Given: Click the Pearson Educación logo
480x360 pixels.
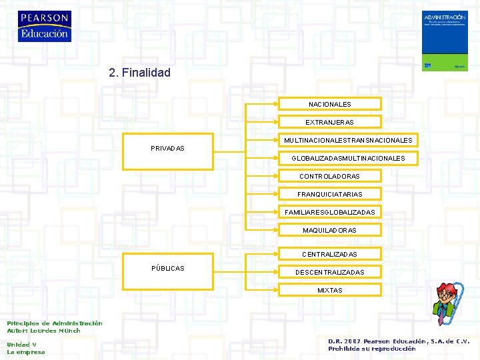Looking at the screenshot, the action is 44,27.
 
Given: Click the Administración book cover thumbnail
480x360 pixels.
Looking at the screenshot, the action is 445,40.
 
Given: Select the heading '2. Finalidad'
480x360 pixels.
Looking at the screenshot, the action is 139,72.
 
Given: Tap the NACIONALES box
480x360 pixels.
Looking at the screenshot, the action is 329,104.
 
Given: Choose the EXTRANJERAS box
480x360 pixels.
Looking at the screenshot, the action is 329,122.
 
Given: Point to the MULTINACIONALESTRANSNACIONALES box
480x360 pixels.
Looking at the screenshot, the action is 347,140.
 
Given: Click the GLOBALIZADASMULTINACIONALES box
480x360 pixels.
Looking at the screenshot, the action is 347,158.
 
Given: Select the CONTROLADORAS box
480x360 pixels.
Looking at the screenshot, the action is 329,176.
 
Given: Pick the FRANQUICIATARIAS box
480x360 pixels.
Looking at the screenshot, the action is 329,194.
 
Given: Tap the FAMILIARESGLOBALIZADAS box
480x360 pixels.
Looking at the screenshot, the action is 329,212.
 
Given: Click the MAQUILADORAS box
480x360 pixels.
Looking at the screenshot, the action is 329,230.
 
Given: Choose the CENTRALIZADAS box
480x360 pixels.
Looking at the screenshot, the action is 329,254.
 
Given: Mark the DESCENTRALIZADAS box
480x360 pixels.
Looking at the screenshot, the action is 329,272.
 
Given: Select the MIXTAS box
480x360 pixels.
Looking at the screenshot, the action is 329,290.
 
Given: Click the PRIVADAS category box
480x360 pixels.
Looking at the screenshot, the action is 167,147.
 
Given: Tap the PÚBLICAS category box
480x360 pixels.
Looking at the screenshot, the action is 167,268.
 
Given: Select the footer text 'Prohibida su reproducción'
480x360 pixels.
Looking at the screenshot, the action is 371,348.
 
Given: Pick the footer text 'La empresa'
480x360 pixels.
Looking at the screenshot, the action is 26,352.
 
